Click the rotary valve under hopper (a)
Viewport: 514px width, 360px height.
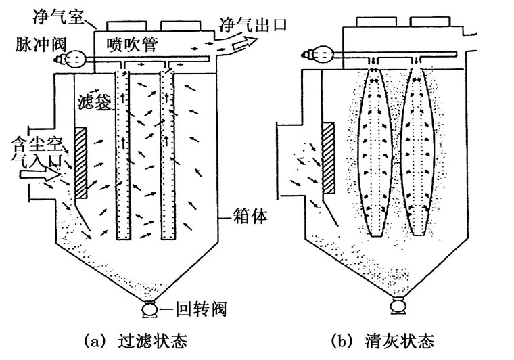point(147,310)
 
